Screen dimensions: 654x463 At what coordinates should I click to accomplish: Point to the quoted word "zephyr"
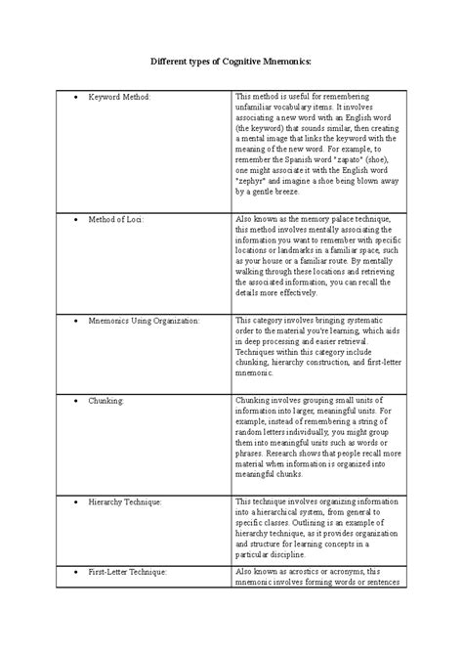tap(254, 180)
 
